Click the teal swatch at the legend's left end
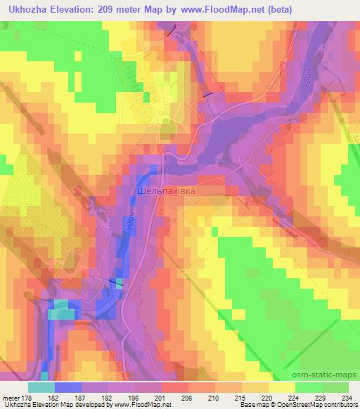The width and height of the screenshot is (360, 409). click(41, 387)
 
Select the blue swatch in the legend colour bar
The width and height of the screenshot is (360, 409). click(68, 387)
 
